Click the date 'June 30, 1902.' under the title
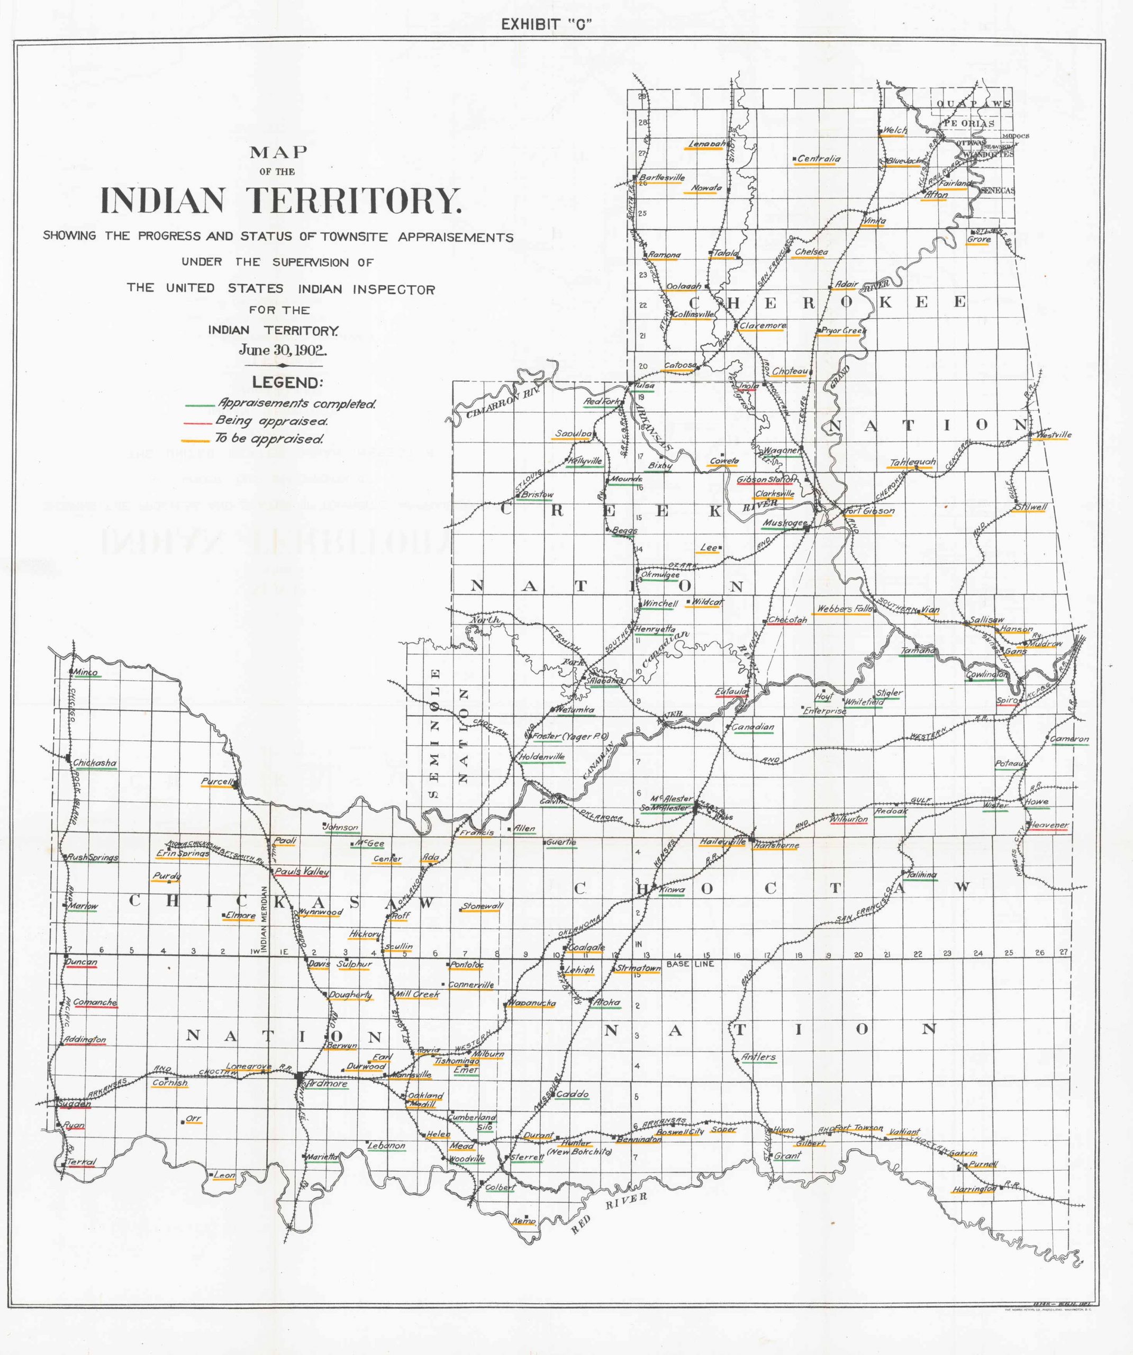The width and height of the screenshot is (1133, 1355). point(283,350)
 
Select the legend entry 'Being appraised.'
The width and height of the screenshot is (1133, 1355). point(271,421)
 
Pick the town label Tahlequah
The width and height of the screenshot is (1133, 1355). point(912,463)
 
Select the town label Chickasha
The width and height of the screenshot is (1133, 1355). point(95,763)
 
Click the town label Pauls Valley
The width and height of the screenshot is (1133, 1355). point(302,871)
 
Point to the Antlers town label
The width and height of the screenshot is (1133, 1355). point(759,1057)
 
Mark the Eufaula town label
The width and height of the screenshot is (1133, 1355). point(731,692)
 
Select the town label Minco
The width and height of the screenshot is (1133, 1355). point(86,672)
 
